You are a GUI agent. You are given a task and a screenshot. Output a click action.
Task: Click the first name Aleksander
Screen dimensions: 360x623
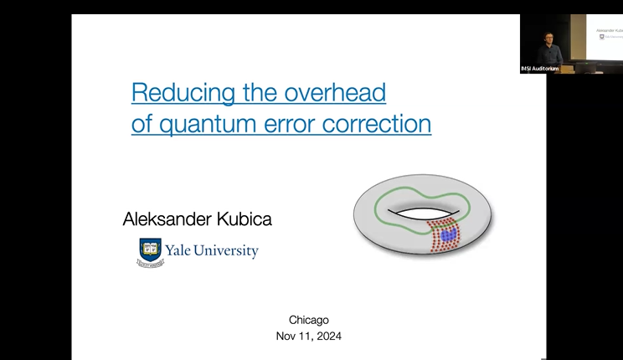click(x=167, y=219)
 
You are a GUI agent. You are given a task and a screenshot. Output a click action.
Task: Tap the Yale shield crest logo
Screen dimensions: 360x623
click(x=151, y=251)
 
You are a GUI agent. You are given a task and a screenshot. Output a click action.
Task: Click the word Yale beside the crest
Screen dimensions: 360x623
click(x=182, y=250)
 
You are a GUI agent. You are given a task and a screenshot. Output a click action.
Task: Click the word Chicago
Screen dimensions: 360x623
click(x=309, y=320)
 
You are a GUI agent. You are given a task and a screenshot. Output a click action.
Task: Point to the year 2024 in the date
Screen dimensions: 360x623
click(x=327, y=336)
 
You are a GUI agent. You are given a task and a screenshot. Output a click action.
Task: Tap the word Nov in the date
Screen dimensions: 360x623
click(x=286, y=336)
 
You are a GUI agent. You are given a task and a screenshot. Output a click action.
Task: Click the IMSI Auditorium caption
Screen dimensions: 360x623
click(x=540, y=68)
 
